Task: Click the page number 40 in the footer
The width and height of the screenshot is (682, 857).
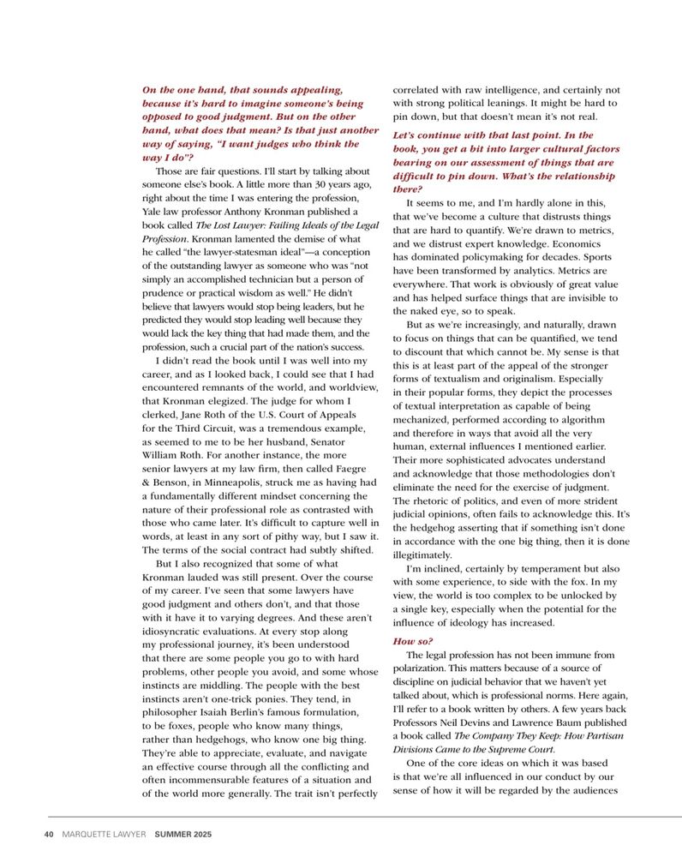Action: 49,834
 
